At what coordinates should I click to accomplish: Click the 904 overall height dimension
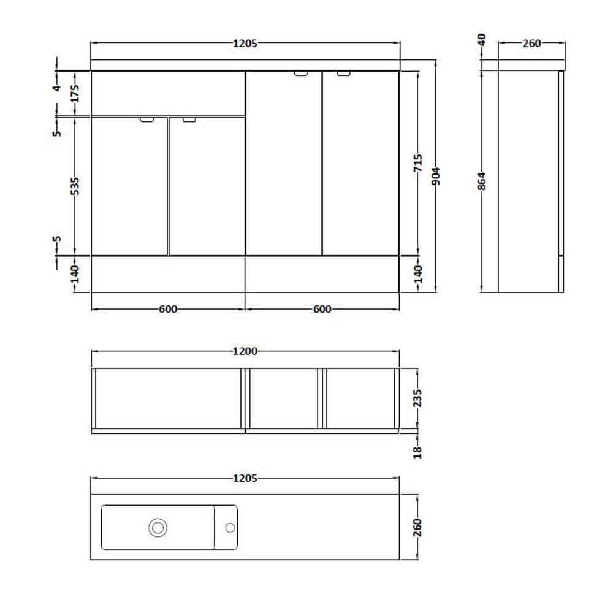[436, 176]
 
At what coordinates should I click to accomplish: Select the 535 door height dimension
[74, 186]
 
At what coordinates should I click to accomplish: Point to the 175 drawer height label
[74, 93]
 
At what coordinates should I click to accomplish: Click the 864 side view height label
[482, 181]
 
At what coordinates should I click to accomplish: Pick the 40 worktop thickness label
[482, 39]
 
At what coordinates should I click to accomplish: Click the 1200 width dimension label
[245, 351]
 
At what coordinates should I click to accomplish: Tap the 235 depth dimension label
[417, 398]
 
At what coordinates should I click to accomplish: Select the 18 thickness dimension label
[417, 452]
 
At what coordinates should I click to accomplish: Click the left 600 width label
[168, 309]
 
